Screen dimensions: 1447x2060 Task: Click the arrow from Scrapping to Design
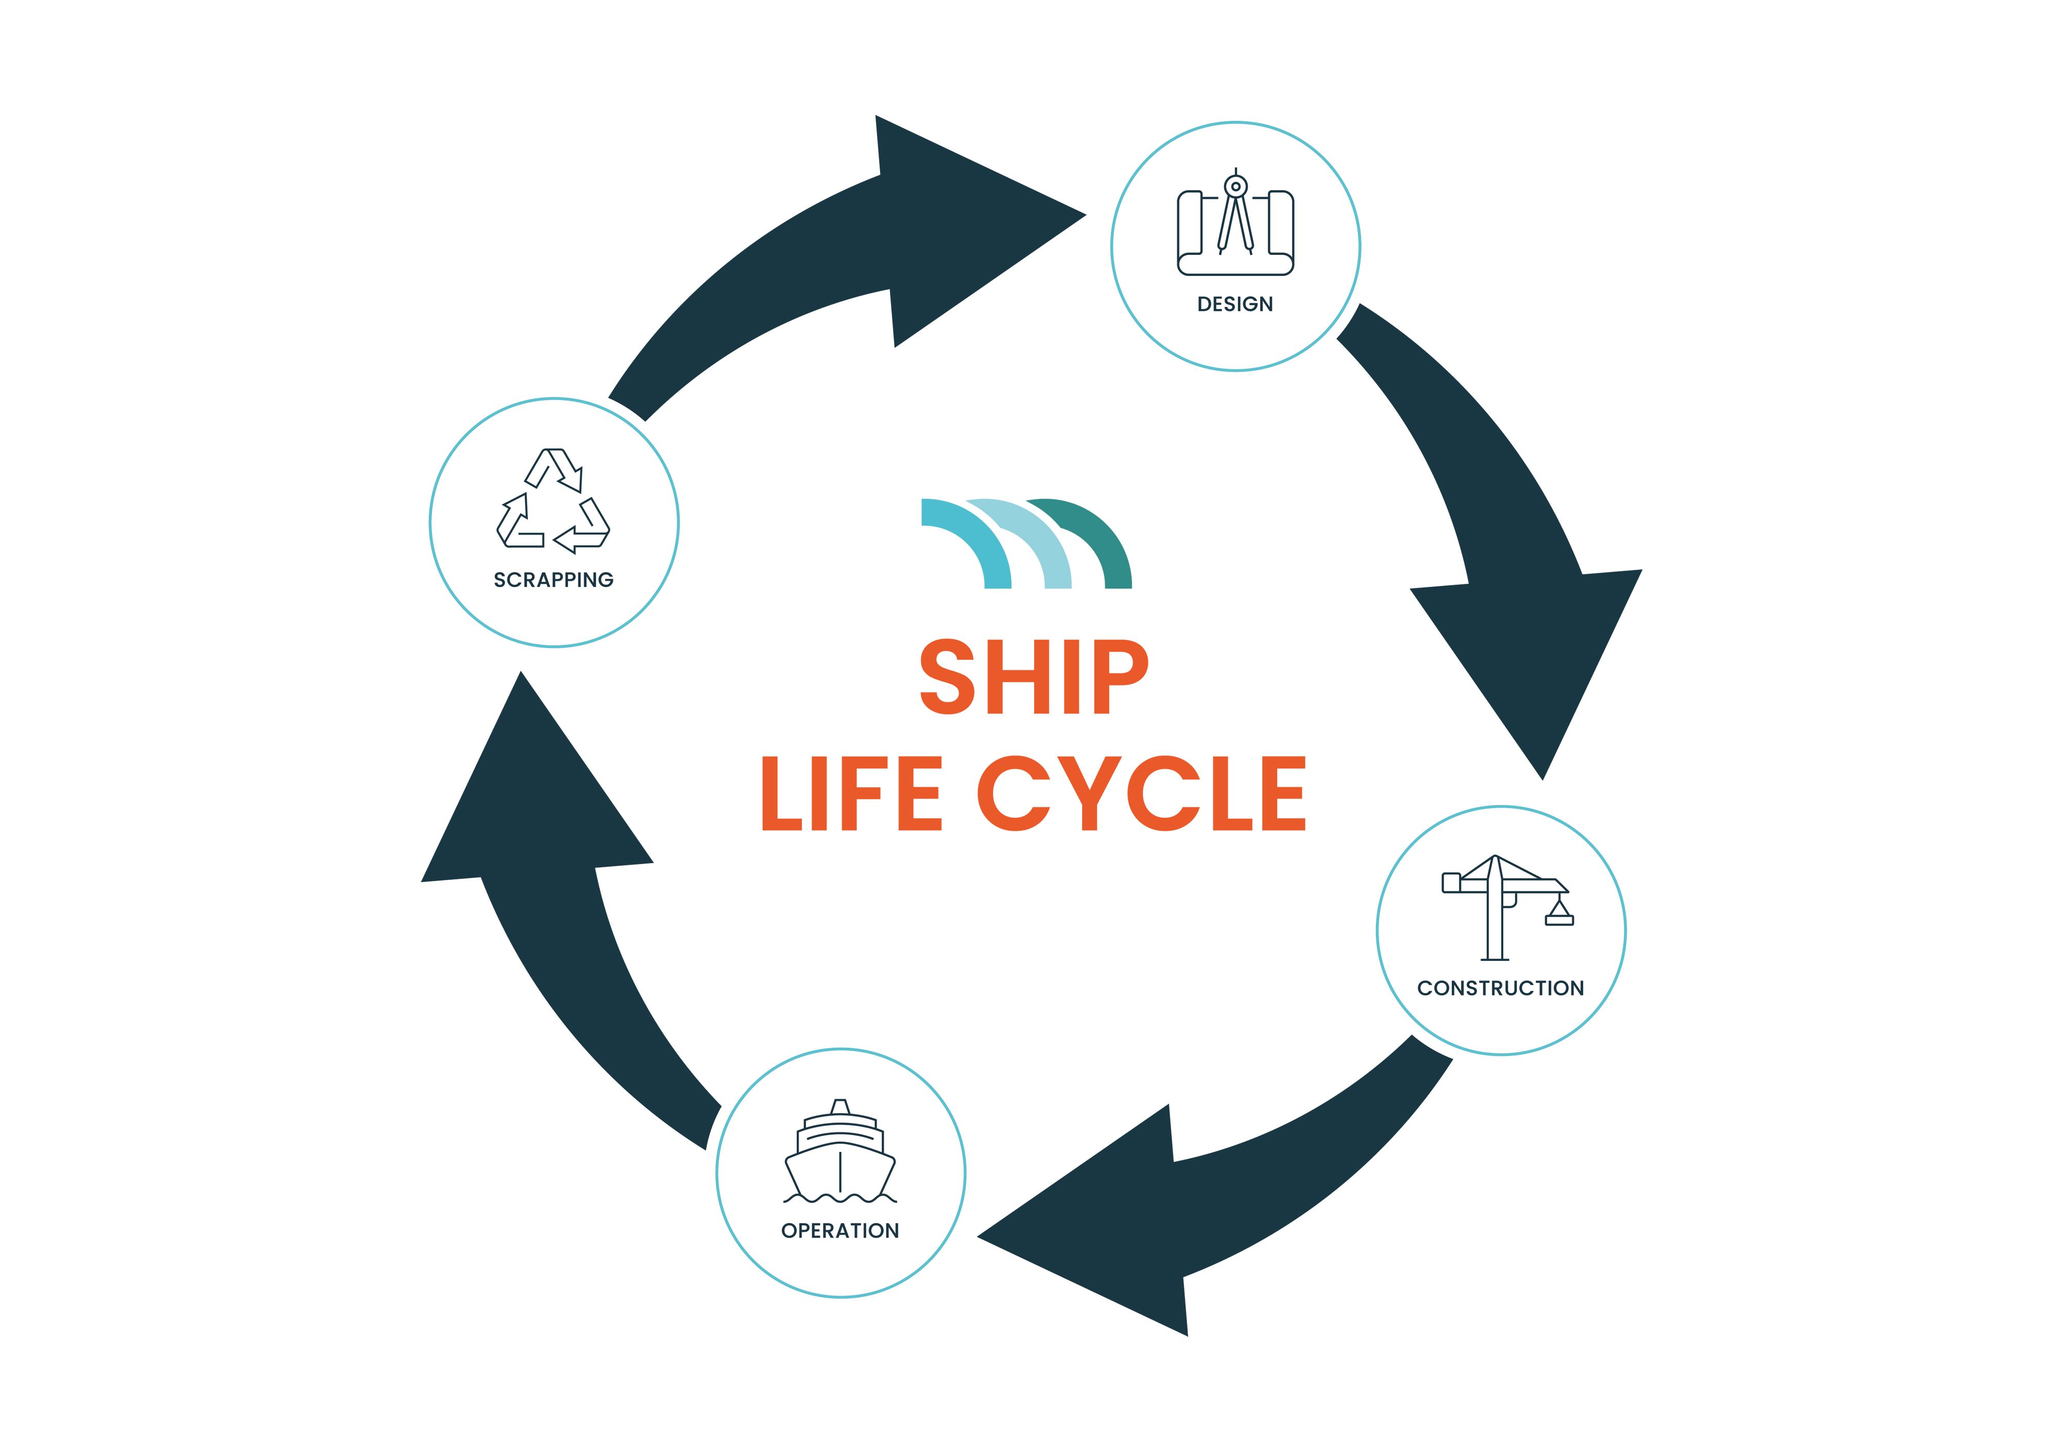point(834,251)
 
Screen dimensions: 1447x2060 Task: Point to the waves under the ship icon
point(840,1198)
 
